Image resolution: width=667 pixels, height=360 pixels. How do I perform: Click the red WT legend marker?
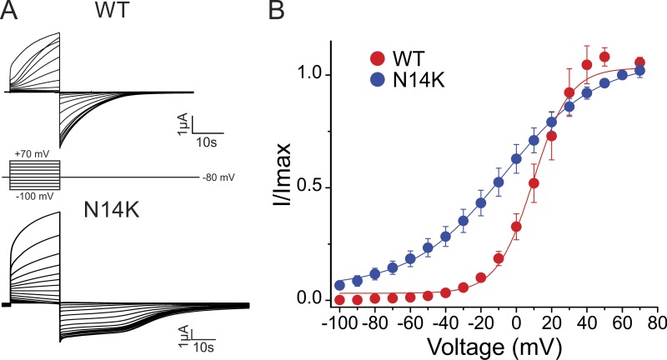coord(376,59)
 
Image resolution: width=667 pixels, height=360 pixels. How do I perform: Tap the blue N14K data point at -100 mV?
coord(339,285)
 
